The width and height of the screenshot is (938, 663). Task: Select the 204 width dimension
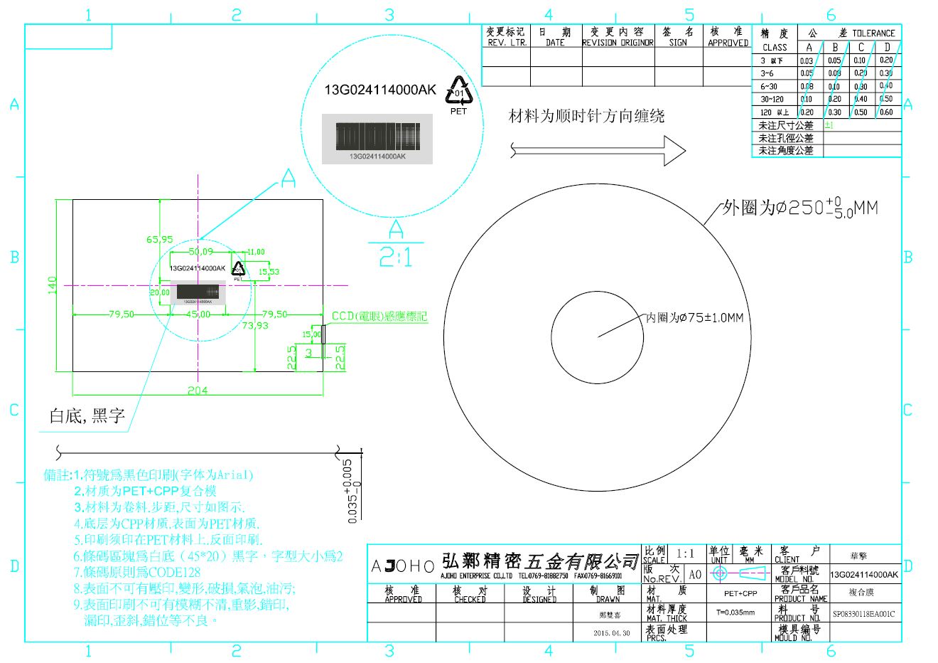click(198, 390)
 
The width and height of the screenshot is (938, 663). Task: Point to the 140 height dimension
click(52, 286)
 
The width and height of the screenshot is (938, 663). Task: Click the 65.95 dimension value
click(160, 239)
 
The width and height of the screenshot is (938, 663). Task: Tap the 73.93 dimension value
click(255, 325)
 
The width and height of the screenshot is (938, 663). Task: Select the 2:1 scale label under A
click(396, 257)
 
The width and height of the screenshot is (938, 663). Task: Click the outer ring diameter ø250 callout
click(799, 208)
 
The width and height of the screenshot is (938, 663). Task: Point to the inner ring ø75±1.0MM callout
click(694, 317)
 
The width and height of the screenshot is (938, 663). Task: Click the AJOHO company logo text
click(402, 566)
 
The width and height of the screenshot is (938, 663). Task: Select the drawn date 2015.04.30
click(611, 633)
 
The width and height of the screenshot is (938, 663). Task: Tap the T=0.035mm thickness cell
click(735, 612)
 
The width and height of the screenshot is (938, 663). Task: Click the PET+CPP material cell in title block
click(740, 593)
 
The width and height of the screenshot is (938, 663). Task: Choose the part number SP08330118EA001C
click(863, 614)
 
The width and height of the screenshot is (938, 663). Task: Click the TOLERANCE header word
click(873, 33)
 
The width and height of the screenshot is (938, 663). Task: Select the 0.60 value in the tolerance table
click(886, 112)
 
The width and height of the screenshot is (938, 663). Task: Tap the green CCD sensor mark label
click(379, 316)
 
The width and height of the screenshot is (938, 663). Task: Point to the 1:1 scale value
click(686, 553)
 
